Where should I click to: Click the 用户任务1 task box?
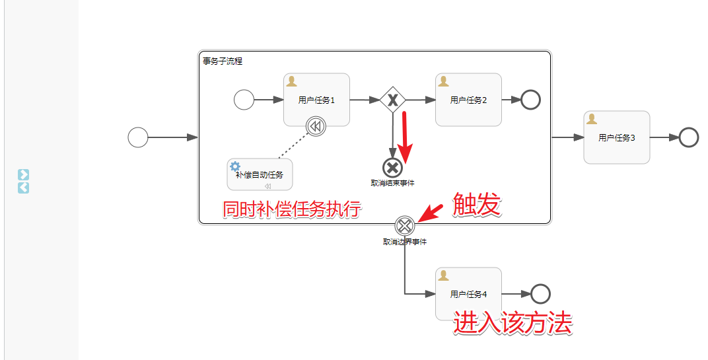(x=316, y=100)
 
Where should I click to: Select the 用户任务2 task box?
(x=468, y=100)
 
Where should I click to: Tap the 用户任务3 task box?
(x=616, y=137)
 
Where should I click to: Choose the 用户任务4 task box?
(x=468, y=294)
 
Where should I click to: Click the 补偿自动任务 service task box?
(x=260, y=174)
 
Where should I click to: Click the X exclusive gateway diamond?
(x=393, y=100)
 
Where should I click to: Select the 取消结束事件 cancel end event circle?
(x=392, y=168)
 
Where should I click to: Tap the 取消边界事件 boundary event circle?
(x=405, y=226)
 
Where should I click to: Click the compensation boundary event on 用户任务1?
(x=316, y=126)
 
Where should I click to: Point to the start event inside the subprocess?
(x=244, y=100)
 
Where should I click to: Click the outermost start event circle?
(x=138, y=137)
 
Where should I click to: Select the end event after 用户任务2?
(x=530, y=100)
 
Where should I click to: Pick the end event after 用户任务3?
(x=688, y=137)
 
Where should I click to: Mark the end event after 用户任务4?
(x=540, y=294)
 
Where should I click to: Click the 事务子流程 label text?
(x=223, y=61)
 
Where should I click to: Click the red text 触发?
(x=476, y=206)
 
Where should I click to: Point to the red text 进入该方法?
(x=513, y=324)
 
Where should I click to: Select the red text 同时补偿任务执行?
(x=291, y=209)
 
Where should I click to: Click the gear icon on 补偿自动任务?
(x=234, y=166)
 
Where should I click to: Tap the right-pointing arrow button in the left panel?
(x=23, y=174)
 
